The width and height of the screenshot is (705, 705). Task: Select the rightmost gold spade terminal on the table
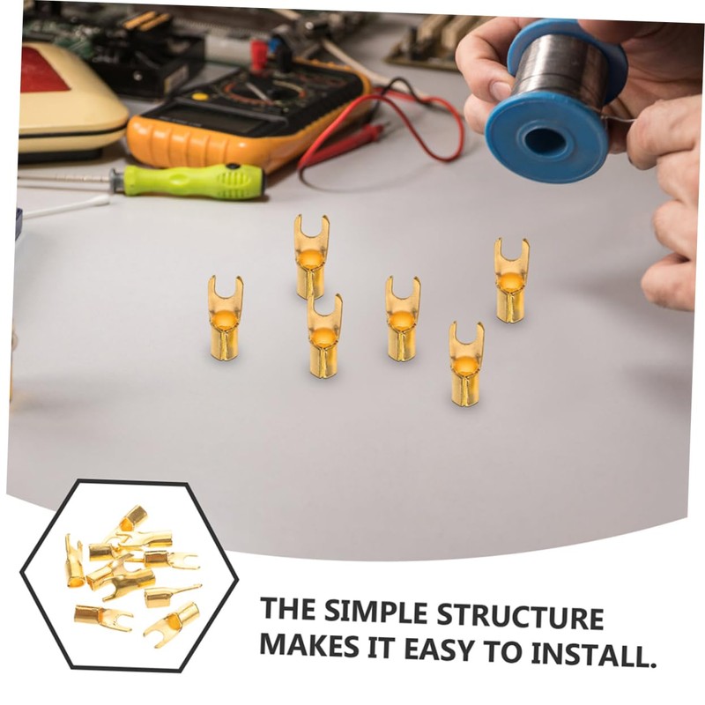tap(511, 280)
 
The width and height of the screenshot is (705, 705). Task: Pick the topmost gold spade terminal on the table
tap(311, 256)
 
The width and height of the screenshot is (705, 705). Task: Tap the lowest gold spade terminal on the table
tap(466, 364)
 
